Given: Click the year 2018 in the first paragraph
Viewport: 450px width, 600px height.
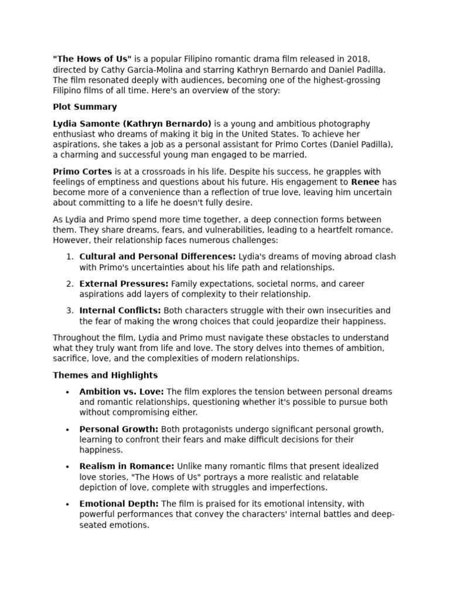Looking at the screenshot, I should click(x=357, y=59).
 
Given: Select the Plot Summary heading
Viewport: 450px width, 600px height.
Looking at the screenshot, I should click(x=85, y=107).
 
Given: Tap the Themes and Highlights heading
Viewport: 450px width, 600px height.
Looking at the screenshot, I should click(x=105, y=375).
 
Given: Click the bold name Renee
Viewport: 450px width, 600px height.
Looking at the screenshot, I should click(x=366, y=182).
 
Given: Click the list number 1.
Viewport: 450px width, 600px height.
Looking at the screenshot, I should click(x=69, y=257).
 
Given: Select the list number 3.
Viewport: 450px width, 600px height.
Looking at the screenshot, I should click(x=69, y=311).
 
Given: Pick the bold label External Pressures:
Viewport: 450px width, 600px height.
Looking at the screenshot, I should click(x=124, y=284).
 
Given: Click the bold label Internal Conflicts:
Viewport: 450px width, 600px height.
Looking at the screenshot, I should click(x=120, y=311).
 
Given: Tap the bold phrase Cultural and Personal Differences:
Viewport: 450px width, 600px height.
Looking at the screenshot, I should click(x=158, y=257).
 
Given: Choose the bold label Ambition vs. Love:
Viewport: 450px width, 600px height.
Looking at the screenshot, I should click(x=122, y=391).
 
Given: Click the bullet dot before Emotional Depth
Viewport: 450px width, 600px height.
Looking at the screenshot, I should click(x=68, y=504).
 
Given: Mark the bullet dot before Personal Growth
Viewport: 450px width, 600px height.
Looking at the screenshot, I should click(x=68, y=429).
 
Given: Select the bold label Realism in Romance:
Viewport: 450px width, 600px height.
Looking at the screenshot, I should click(x=127, y=466).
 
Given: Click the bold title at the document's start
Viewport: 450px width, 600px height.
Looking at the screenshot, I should click(x=92, y=59).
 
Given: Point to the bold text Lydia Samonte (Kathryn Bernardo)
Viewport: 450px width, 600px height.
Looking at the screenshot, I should click(x=132, y=124).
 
